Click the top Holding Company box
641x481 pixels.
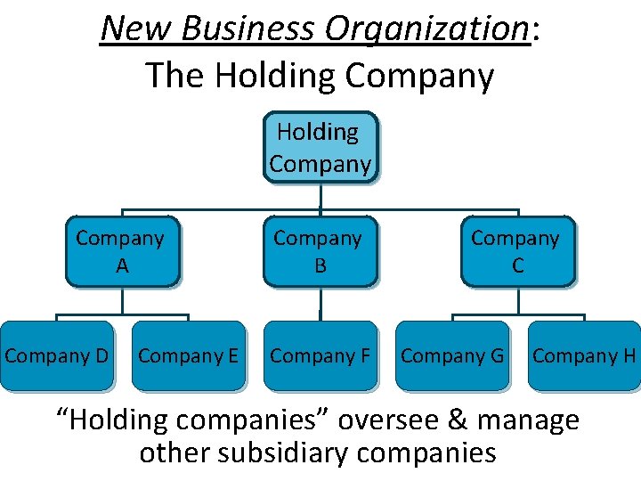pyautogui.click(x=320, y=147)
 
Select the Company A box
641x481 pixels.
pyautogui.click(x=122, y=251)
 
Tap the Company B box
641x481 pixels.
pyautogui.click(x=320, y=251)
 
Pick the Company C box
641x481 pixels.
pyautogui.click(x=517, y=251)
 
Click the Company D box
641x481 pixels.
pyautogui.click(x=57, y=355)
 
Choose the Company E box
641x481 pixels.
pyautogui.click(x=188, y=355)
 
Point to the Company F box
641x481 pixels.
pyautogui.click(x=320, y=355)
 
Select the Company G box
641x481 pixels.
pyautogui.click(x=451, y=355)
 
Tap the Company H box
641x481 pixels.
pyautogui.click(x=583, y=355)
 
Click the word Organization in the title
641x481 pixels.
pyautogui.click(x=427, y=29)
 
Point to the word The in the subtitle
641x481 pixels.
pyautogui.click(x=173, y=76)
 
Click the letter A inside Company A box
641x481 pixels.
pyautogui.click(x=121, y=265)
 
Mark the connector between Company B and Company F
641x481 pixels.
pyautogui.click(x=320, y=304)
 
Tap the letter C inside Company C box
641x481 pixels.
pyautogui.click(x=517, y=265)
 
